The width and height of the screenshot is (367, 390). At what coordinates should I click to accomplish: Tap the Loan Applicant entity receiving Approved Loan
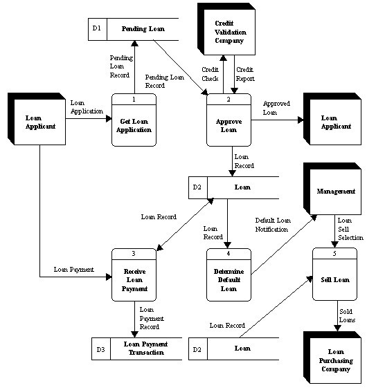coord(332,122)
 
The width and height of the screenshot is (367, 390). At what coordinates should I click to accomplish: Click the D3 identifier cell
coord(100,349)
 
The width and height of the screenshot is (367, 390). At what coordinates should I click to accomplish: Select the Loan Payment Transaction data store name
coord(144,349)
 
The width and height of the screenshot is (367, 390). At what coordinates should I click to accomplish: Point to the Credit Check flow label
coord(210,74)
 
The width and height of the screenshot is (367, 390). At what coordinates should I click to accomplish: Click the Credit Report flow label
coord(246,74)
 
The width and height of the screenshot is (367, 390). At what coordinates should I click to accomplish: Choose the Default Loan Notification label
coord(274,223)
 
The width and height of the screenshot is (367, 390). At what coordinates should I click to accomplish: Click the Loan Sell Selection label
coord(348,230)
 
